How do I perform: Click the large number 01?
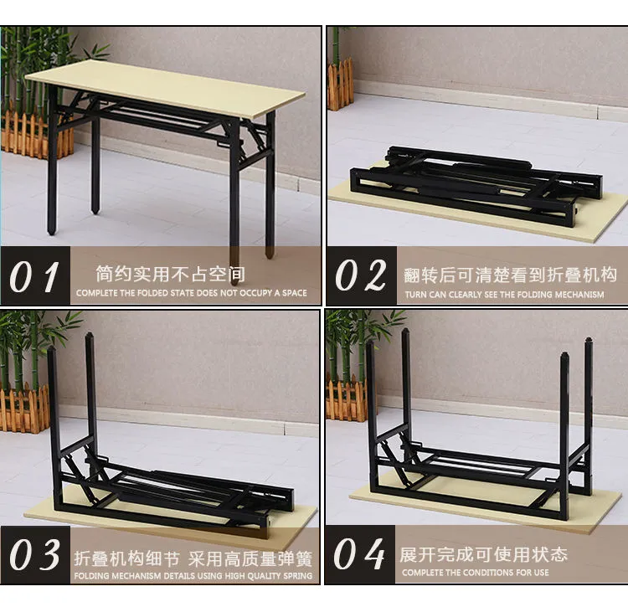[x=34, y=276]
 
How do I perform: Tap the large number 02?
[x=360, y=275]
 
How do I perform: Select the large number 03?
[x=35, y=554]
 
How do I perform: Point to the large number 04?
[x=359, y=554]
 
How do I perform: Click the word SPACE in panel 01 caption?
[x=295, y=293]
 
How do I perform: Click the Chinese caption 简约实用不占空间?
[x=170, y=274]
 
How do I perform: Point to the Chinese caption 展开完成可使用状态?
[x=483, y=554]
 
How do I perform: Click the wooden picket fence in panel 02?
[x=341, y=85]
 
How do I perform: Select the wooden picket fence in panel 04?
[x=347, y=399]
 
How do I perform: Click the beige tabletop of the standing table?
[x=165, y=90]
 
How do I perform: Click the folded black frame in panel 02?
[x=476, y=183]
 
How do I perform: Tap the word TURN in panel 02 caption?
[x=415, y=295]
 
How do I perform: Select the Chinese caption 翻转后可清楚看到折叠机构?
[x=510, y=275]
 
